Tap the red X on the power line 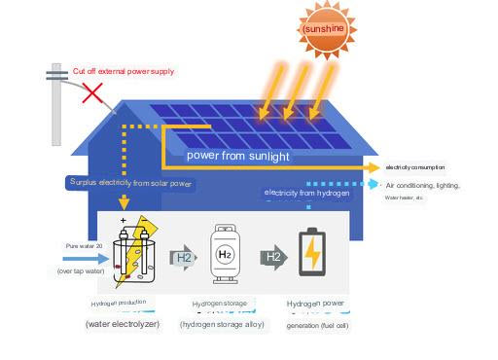tap(93, 93)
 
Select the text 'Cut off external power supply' tap(124, 71)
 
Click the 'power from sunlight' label tap(237, 156)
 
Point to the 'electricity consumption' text tap(415, 167)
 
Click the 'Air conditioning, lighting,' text tap(422, 185)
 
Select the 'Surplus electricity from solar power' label tap(130, 183)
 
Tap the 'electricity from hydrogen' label tap(306, 193)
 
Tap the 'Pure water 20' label tap(84, 246)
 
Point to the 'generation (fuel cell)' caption tap(317, 325)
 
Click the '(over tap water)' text tap(80, 271)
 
